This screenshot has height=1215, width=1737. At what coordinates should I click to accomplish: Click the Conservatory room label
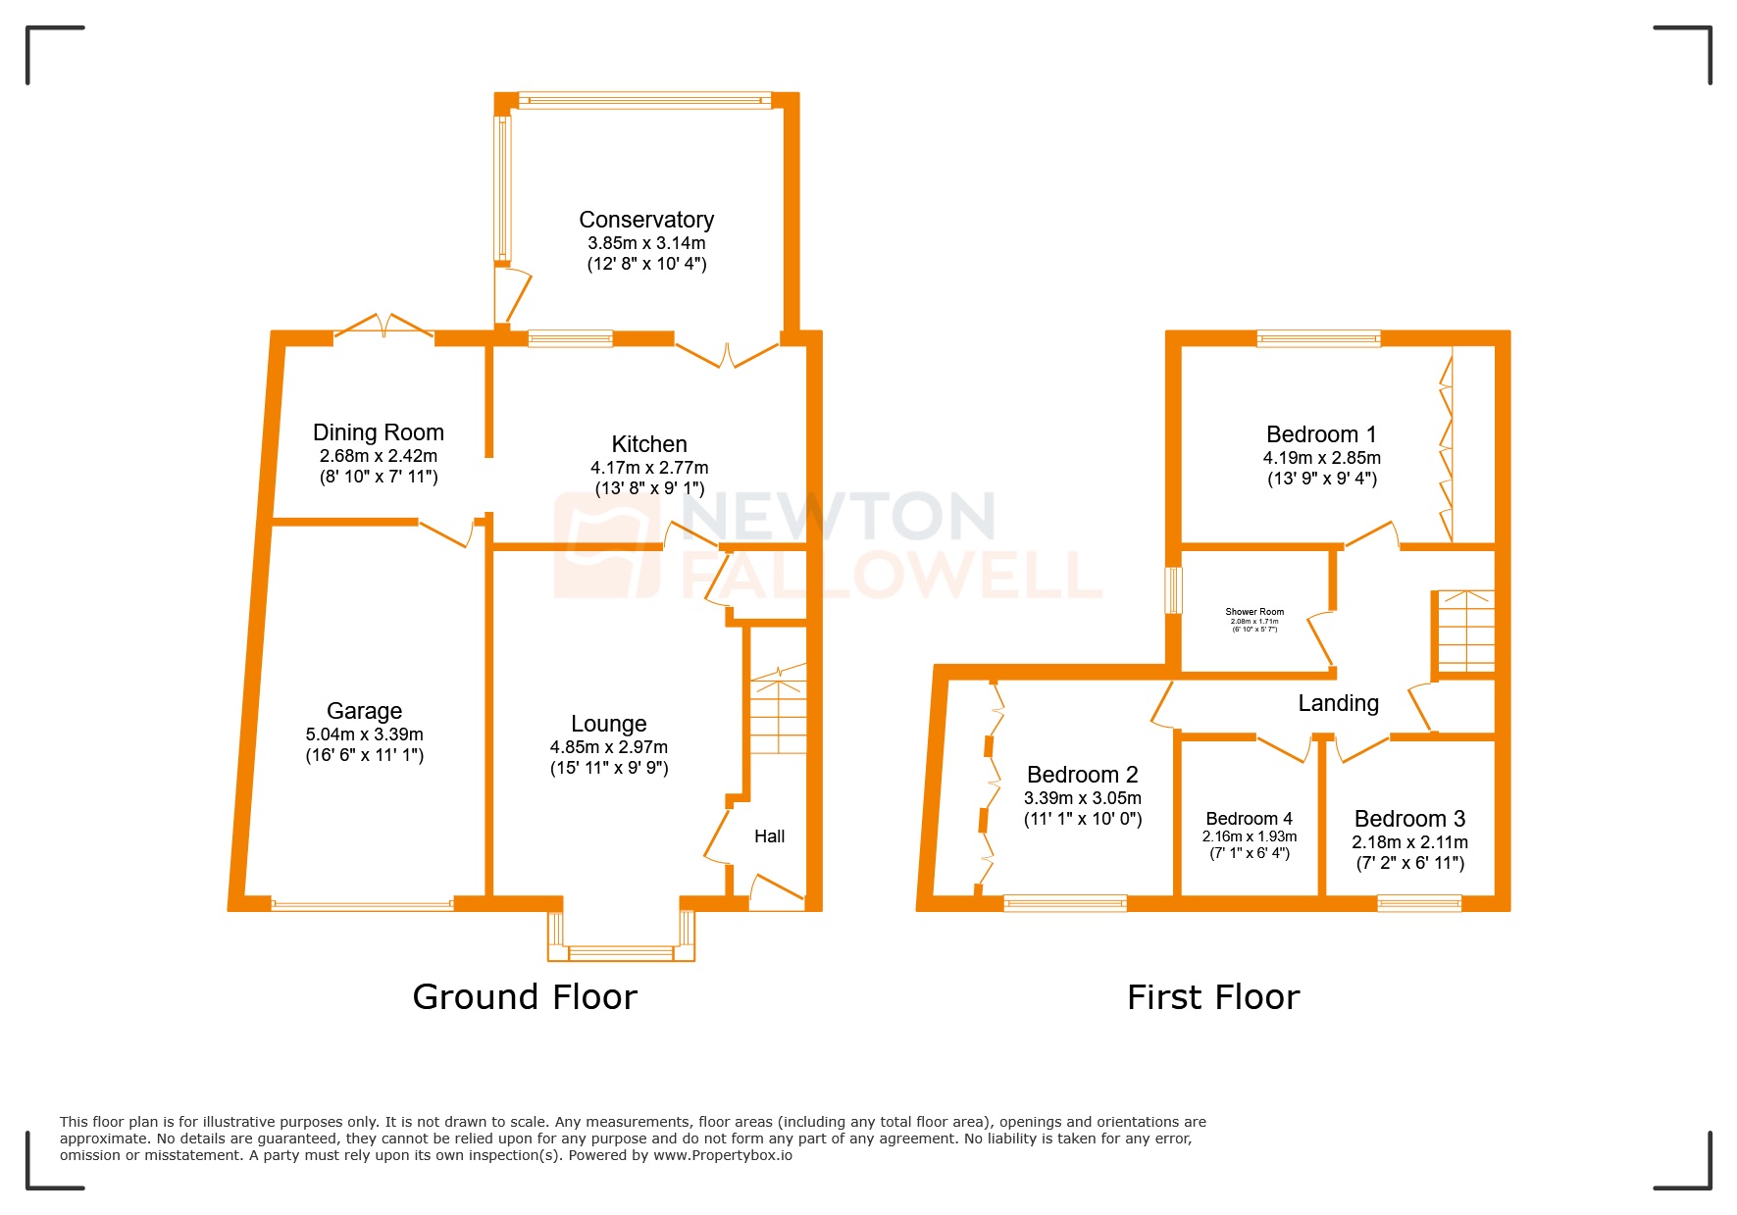click(645, 220)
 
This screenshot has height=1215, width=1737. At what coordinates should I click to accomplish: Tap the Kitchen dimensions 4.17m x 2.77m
click(648, 468)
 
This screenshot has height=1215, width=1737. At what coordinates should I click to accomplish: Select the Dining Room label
click(378, 432)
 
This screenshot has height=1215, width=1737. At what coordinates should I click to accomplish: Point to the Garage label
click(364, 711)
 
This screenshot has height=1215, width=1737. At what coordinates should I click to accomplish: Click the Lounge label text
click(608, 724)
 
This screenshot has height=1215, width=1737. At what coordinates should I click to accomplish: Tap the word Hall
click(769, 836)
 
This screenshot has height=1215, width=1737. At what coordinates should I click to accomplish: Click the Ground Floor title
click(525, 997)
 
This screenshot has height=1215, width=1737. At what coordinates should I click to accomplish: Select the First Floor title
click(1212, 997)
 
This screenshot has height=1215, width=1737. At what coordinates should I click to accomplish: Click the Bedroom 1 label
click(1320, 434)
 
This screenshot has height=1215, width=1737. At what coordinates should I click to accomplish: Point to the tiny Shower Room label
click(1253, 612)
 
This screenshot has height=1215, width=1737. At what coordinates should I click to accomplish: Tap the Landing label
click(1338, 703)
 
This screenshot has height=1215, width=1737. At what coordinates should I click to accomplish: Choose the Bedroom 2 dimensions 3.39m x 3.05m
click(1082, 798)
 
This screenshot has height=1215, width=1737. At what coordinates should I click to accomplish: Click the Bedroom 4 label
click(1249, 819)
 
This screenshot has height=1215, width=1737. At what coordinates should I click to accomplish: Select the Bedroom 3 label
click(1408, 819)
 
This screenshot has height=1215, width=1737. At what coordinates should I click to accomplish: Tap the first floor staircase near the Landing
click(1465, 631)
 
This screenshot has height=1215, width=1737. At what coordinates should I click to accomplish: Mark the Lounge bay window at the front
click(621, 950)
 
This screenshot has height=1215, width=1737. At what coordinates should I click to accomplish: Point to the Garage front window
click(362, 904)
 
